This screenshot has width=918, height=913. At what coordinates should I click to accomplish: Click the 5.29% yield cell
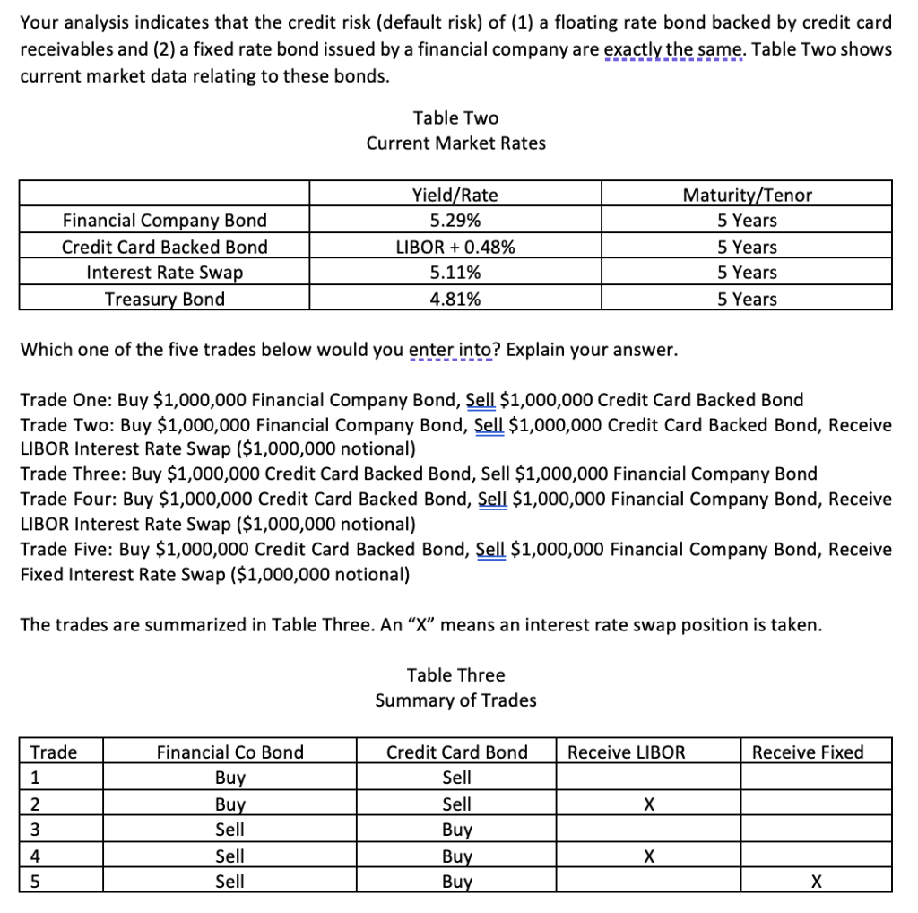click(455, 221)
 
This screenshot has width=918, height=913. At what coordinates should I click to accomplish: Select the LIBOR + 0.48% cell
click(455, 248)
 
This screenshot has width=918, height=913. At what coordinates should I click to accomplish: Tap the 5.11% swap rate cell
click(455, 273)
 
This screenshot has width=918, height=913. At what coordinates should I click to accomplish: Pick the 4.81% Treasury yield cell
click(455, 300)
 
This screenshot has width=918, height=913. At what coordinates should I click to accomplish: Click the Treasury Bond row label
click(165, 300)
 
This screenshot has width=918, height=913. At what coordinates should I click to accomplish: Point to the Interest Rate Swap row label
click(165, 273)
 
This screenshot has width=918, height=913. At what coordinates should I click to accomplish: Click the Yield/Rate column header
click(455, 195)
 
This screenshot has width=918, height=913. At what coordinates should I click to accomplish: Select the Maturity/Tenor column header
click(747, 195)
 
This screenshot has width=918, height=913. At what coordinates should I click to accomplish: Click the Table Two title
click(455, 118)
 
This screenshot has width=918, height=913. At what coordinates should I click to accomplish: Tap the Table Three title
click(455, 675)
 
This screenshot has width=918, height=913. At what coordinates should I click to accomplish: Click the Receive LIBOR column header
click(626, 752)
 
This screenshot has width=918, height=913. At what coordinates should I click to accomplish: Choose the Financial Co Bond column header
click(230, 752)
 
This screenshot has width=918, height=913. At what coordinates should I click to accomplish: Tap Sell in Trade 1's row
click(457, 778)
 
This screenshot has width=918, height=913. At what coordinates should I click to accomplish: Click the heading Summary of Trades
click(455, 700)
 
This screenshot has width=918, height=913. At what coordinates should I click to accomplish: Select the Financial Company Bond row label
click(165, 221)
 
